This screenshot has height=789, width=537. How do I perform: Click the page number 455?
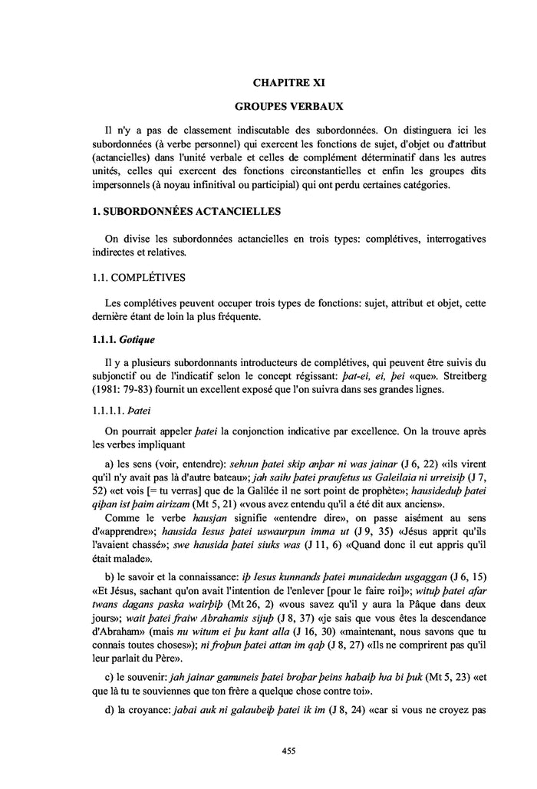pyautogui.click(x=288, y=750)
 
